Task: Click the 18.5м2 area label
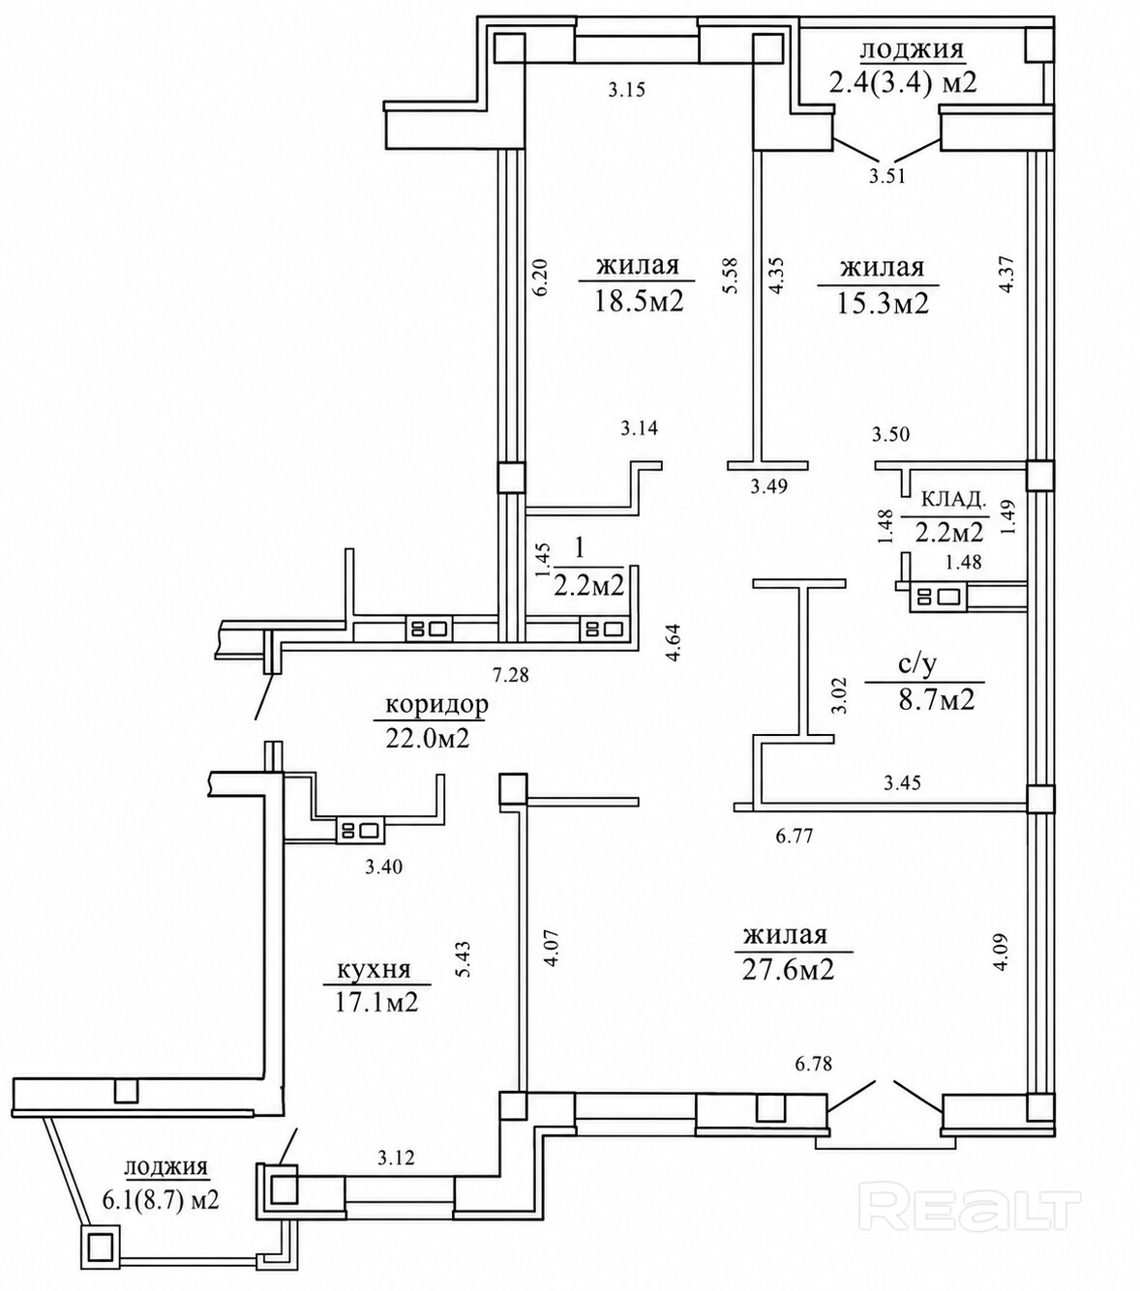click(x=639, y=302)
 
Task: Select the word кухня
click(x=375, y=969)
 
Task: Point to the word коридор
click(x=437, y=705)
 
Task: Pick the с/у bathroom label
click(x=918, y=664)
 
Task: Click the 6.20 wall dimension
click(x=541, y=277)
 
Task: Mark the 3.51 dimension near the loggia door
click(x=886, y=176)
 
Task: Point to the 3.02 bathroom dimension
click(x=842, y=695)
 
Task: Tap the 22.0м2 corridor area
click(x=427, y=738)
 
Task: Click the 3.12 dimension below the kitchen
click(x=396, y=1158)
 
